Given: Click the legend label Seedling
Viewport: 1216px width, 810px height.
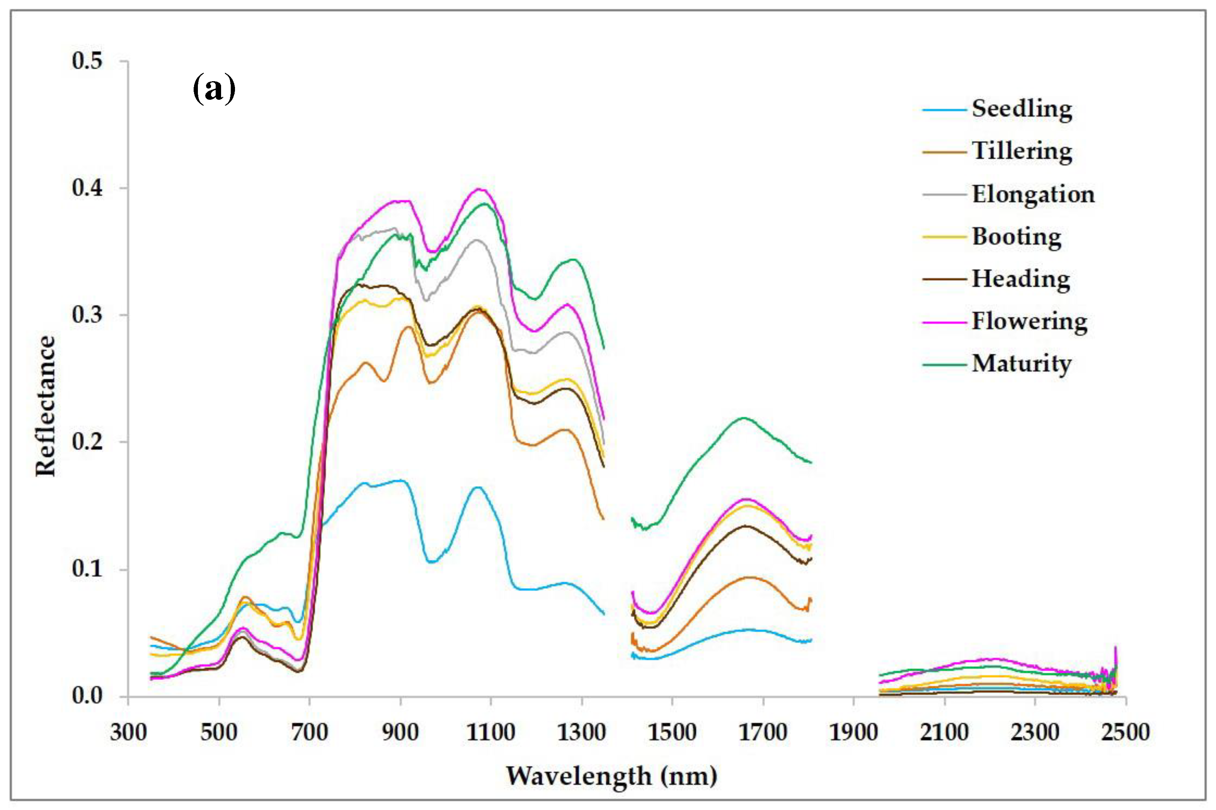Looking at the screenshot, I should point(1021,109).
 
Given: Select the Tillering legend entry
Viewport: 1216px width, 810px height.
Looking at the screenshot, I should point(1021,151).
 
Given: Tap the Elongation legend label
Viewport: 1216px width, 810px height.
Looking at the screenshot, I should point(1033,194).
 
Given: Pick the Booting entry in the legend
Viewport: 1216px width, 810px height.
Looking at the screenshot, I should point(1016,237).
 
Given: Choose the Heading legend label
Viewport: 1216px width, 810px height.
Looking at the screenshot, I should point(1020,279).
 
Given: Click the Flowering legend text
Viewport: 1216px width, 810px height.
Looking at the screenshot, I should point(1029,321).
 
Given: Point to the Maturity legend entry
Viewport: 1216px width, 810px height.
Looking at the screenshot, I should point(1021,364).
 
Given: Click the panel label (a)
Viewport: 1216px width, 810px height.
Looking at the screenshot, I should point(214,89).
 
